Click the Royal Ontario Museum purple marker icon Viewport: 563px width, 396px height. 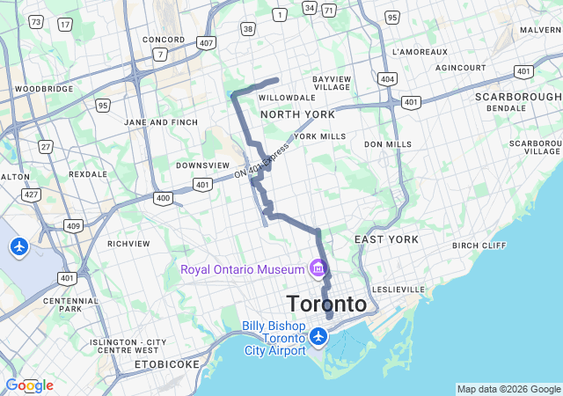tap(318, 268)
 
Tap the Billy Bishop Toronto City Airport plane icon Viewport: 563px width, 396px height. tap(318, 336)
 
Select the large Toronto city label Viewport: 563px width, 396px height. tap(326, 304)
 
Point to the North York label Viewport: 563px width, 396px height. tap(297, 114)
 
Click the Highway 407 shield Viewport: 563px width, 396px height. tap(206, 42)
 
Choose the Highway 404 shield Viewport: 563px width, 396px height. tap(387, 79)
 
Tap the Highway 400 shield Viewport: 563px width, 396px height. tap(163, 198)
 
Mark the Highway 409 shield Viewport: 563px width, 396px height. tap(73, 226)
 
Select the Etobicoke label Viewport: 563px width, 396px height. tap(167, 363)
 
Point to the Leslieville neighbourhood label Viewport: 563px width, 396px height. tap(398, 289)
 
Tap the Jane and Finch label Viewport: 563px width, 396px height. tap(161, 122)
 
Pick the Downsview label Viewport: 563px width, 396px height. tap(202, 165)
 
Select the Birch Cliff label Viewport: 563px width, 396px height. tap(479, 246)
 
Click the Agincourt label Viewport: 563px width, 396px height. tap(460, 67)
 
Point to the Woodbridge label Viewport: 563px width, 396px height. tap(44, 89)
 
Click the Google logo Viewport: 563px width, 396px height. tap(29, 385)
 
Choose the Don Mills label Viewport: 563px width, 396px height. tap(387, 143)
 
